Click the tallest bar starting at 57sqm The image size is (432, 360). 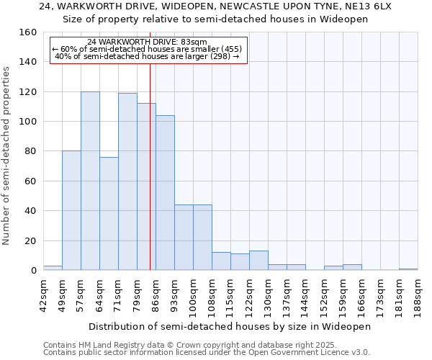point(90,181)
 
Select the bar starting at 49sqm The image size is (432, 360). point(71,210)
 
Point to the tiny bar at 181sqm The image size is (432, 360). point(408,269)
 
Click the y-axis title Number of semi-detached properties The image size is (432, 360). point(6,151)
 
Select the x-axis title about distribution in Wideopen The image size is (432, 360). point(230,326)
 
